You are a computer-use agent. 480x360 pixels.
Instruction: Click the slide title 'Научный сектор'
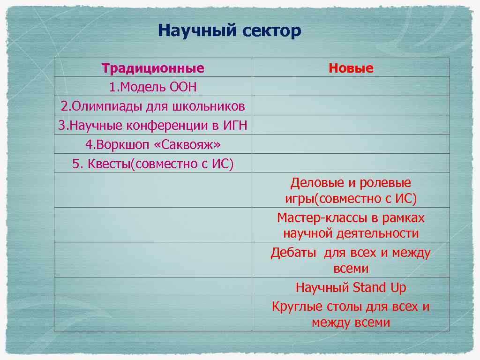pos(229,31)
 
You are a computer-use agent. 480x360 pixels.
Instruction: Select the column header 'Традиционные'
pos(153,68)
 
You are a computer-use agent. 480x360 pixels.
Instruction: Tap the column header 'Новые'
pos(351,68)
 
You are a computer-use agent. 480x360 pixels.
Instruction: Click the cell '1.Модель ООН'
pos(153,87)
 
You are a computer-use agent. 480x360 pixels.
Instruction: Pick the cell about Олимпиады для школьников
pos(153,106)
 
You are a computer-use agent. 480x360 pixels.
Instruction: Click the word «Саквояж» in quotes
pos(191,145)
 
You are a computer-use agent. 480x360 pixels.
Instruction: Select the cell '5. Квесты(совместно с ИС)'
pos(153,164)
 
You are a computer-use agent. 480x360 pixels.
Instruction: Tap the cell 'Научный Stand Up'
pos(351,287)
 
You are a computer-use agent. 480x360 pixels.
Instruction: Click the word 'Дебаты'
pos(293,253)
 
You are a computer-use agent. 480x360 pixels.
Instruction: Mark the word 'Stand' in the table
pos(369,287)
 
